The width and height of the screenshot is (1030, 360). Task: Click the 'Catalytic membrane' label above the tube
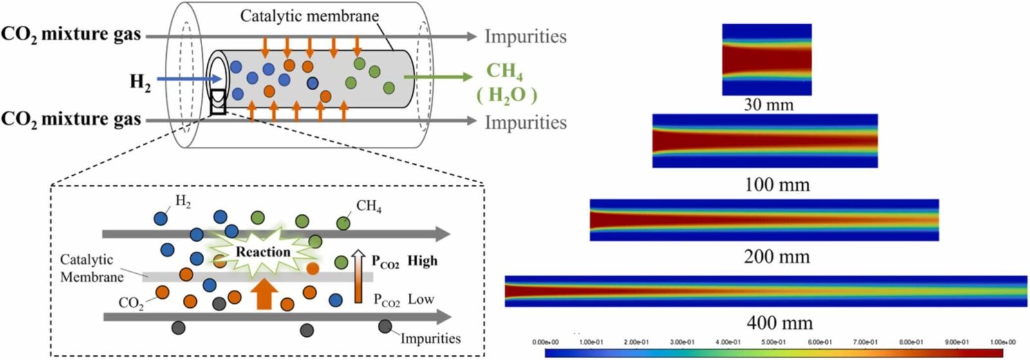click(x=309, y=15)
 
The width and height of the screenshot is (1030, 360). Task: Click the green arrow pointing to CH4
click(x=438, y=77)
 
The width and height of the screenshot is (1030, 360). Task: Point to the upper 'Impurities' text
click(x=525, y=37)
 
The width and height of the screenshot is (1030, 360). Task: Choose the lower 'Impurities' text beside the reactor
click(x=525, y=122)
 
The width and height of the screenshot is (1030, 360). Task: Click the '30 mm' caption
click(x=769, y=104)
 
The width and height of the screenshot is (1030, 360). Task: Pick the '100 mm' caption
click(x=777, y=185)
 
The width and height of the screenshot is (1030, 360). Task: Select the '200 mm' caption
click(x=776, y=256)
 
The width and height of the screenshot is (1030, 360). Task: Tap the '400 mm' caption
click(x=779, y=322)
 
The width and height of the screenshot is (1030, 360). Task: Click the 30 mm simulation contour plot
click(x=767, y=59)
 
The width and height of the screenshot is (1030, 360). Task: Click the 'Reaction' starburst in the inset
click(x=263, y=252)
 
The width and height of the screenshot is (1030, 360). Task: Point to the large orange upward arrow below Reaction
click(x=264, y=295)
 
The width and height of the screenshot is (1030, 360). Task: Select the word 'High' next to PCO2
click(x=422, y=261)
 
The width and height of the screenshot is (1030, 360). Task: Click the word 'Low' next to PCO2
click(x=421, y=299)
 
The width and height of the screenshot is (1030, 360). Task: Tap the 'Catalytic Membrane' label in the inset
click(x=91, y=268)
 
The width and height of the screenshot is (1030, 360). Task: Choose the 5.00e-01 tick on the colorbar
click(x=774, y=342)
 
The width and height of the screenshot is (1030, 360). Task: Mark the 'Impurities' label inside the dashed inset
click(x=430, y=338)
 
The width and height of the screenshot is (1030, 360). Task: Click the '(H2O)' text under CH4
click(x=507, y=95)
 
